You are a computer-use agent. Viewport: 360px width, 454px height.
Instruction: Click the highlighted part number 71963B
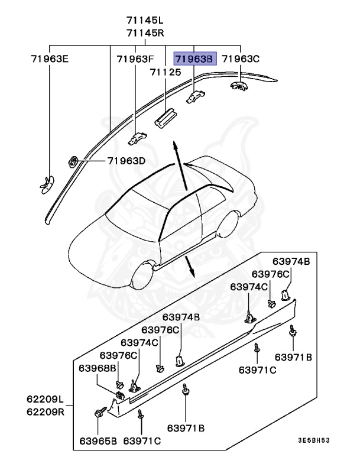point(195,59)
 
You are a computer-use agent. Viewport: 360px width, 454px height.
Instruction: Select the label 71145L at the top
point(145,21)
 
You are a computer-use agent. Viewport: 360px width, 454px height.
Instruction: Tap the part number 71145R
point(145,33)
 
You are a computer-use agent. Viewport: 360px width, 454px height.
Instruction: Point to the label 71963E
point(50,59)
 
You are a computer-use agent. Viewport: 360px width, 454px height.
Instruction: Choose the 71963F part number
point(135,59)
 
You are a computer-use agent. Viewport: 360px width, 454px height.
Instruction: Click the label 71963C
point(240,59)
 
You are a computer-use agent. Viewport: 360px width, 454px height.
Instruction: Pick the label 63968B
point(98,368)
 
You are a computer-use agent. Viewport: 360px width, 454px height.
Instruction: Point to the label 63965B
point(99,441)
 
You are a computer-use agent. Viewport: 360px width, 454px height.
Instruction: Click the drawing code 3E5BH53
point(314,441)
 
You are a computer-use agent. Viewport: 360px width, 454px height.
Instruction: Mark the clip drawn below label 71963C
point(239,86)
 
